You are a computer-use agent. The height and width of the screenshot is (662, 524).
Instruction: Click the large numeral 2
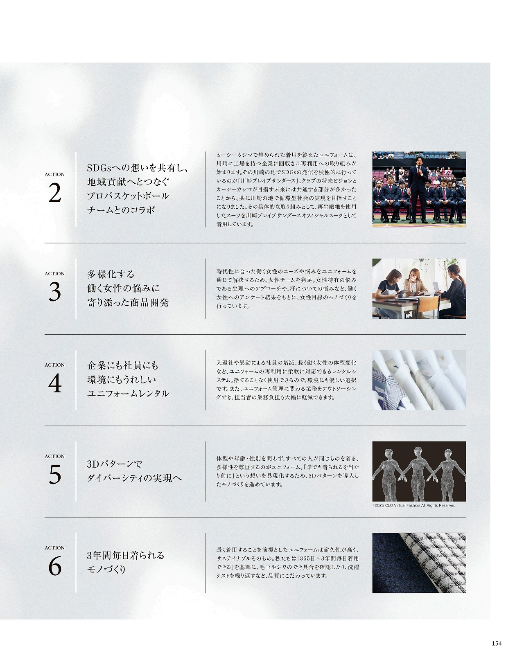coord(55,194)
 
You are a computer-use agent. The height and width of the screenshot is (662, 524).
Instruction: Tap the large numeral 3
coord(55,292)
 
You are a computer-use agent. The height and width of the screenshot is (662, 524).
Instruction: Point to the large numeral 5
coord(55,475)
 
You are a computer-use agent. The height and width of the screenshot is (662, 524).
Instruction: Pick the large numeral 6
coord(55,567)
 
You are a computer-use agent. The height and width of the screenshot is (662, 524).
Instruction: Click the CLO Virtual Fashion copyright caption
coord(414,505)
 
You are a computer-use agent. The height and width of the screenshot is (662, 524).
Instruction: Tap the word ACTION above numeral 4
coord(54,365)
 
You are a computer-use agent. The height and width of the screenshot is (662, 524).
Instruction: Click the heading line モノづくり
coord(106,570)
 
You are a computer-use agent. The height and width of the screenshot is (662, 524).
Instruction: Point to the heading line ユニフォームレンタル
coord(128,394)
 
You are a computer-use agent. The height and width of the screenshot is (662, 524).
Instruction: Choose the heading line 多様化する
coord(111,274)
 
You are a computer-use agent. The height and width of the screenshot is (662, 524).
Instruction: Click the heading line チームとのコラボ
coord(121,210)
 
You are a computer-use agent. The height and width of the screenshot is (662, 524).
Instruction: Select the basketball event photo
coord(419,189)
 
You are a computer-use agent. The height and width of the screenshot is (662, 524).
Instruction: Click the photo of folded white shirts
coord(419,380)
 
